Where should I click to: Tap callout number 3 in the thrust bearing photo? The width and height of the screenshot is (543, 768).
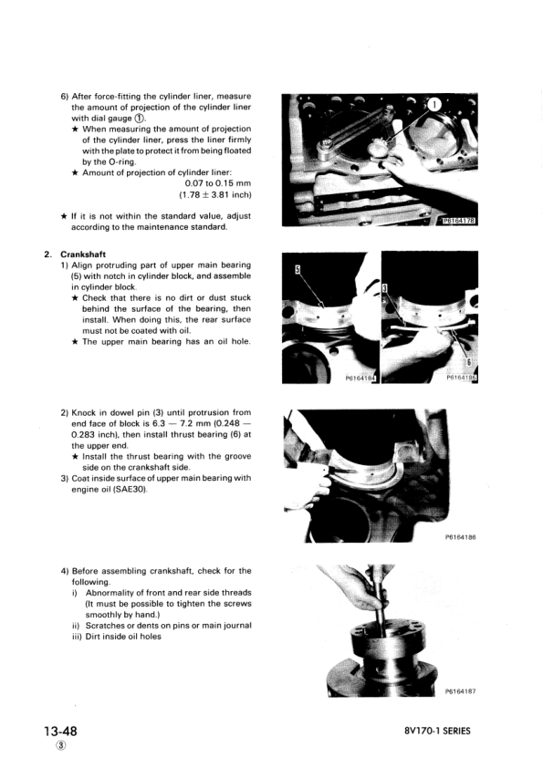384,287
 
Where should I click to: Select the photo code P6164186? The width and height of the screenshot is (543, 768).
464,537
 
